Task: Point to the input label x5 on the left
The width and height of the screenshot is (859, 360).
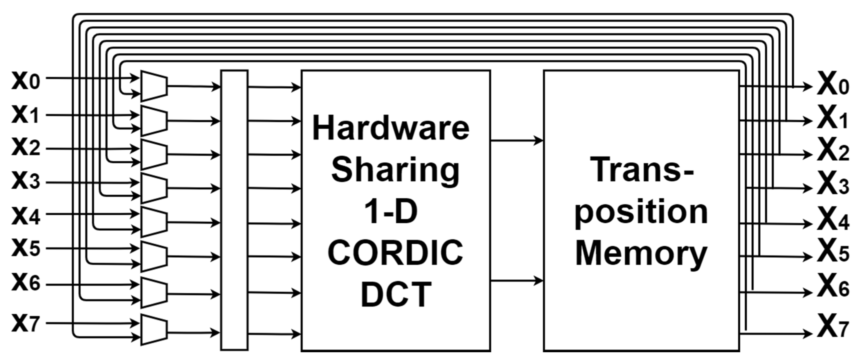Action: click(26, 248)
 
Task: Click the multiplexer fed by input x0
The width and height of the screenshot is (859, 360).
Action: click(154, 86)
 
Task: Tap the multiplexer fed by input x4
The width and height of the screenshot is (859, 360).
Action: click(154, 222)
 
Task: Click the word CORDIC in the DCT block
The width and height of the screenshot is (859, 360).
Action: click(396, 252)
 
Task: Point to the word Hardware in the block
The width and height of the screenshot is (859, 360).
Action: click(391, 129)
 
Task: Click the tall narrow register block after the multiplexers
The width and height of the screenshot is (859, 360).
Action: click(234, 210)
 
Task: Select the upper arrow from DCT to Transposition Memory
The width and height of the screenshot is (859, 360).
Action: click(517, 141)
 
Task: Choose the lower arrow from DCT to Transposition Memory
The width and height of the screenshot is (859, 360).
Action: click(517, 281)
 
